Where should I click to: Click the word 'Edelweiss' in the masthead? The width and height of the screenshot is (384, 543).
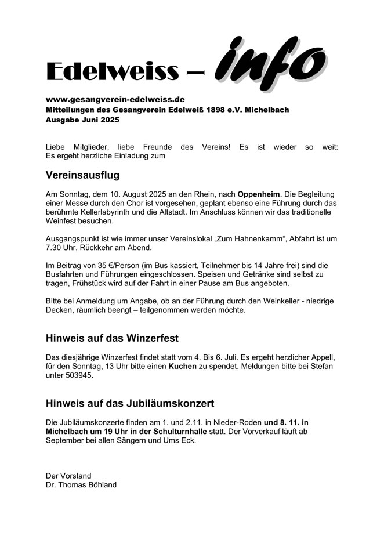pyautogui.click(x=112, y=71)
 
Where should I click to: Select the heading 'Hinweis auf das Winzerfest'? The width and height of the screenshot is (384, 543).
pyautogui.click(x=112, y=338)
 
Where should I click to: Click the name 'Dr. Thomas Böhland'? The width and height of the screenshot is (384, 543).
pyautogui.click(x=81, y=484)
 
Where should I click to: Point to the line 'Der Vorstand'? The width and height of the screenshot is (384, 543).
pyautogui.click(x=68, y=476)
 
